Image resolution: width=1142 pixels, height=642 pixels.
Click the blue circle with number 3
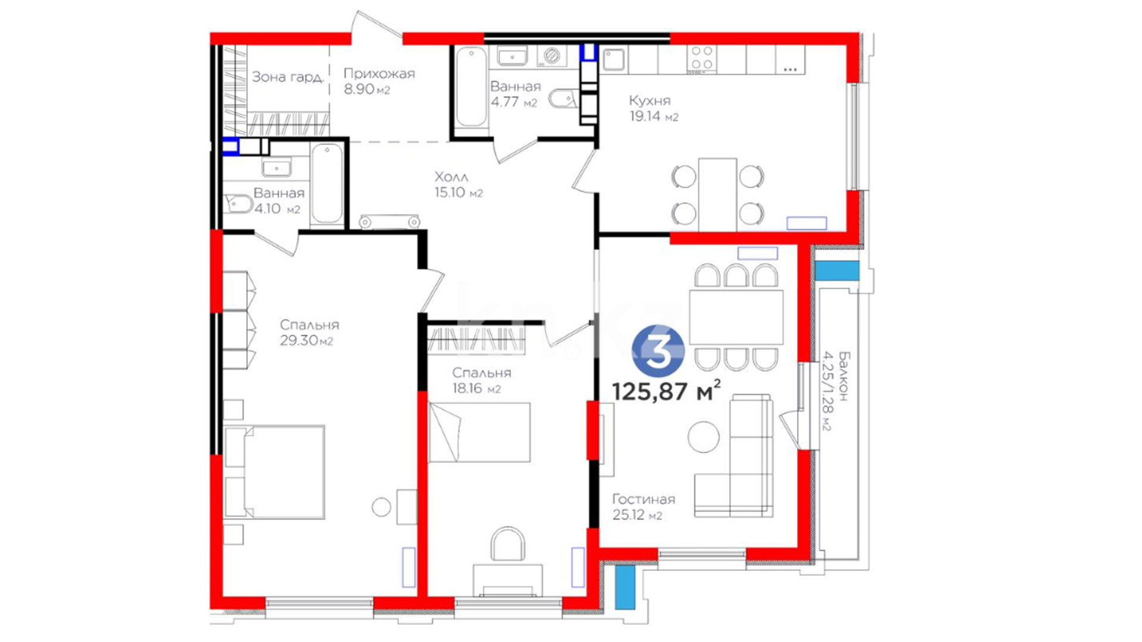tap(658, 351)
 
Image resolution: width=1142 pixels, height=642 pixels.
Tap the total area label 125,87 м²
tap(667, 391)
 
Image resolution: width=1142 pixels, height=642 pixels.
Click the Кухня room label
tap(650, 100)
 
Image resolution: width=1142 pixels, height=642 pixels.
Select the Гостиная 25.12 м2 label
tap(644, 507)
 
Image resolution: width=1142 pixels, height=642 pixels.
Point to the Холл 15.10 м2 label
tap(458, 185)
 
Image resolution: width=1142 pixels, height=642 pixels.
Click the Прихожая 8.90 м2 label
tap(379, 81)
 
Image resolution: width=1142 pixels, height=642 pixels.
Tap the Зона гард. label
tap(288, 77)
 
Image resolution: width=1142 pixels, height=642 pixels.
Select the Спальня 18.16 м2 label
tap(481, 380)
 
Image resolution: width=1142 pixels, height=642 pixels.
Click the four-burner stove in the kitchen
tap(702, 59)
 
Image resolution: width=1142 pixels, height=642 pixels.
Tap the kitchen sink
tap(613, 60)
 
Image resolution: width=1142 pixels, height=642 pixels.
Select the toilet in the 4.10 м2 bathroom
tap(238, 204)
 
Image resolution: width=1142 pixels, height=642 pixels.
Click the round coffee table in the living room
tap(704, 437)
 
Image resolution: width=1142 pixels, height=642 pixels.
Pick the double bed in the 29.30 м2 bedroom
tap(275, 472)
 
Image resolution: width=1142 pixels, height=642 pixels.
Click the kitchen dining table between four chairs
tap(717, 194)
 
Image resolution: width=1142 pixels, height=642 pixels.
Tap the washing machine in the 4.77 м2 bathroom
tap(553, 56)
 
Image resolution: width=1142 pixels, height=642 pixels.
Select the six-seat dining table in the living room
tap(736, 316)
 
